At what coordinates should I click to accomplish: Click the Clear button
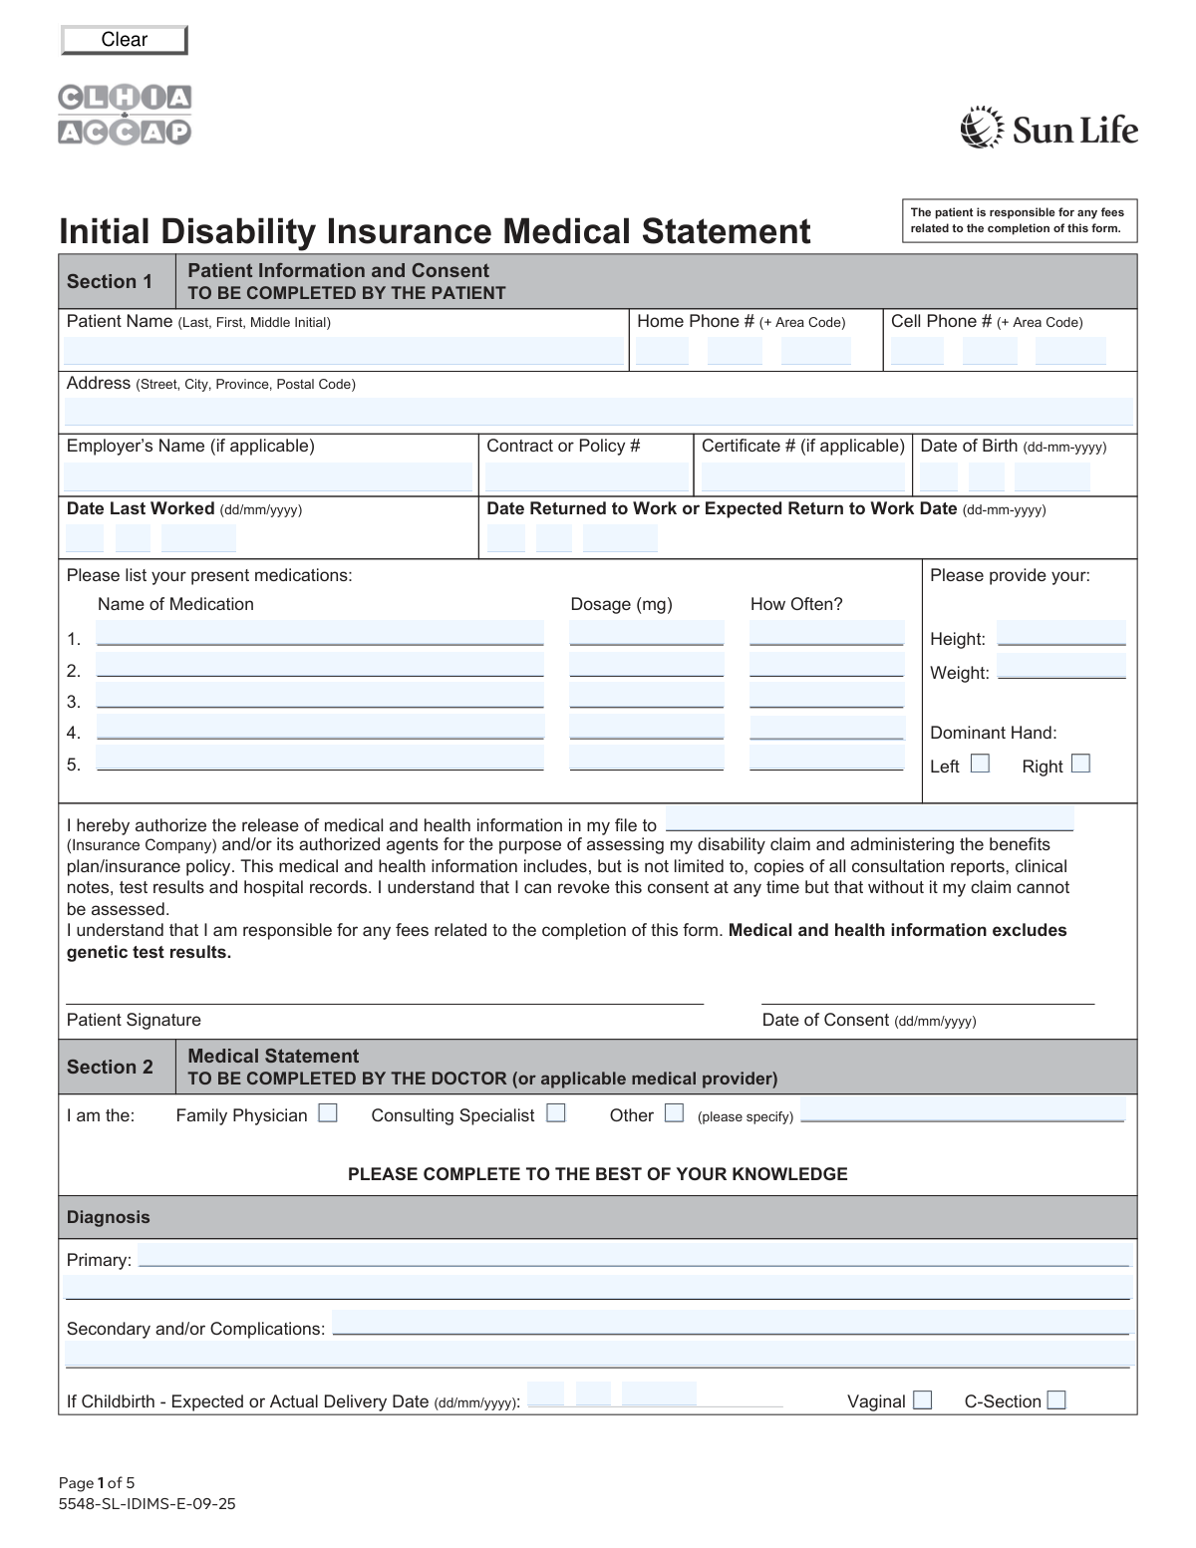125,40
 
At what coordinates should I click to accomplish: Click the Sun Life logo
1048,129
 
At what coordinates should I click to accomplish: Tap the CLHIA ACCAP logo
125,115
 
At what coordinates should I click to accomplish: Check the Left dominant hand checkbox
981,764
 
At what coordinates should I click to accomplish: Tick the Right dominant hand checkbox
1080,764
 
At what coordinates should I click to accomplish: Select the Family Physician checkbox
328,1112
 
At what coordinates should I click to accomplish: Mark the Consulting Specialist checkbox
556,1112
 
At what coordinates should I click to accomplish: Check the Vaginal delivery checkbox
923,1399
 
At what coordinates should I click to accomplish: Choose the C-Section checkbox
1056,1399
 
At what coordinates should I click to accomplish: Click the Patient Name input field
344,351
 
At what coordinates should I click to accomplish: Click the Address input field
598,412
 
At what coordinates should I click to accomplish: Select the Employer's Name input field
268,476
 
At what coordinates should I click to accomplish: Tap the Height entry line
1061,634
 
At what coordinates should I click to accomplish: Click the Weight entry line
1061,667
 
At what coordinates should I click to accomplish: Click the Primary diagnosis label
99,1260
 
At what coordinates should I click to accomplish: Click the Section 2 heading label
110,1067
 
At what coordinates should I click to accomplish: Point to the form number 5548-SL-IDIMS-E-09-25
148,1504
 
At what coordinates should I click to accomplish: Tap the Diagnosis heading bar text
108,1217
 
